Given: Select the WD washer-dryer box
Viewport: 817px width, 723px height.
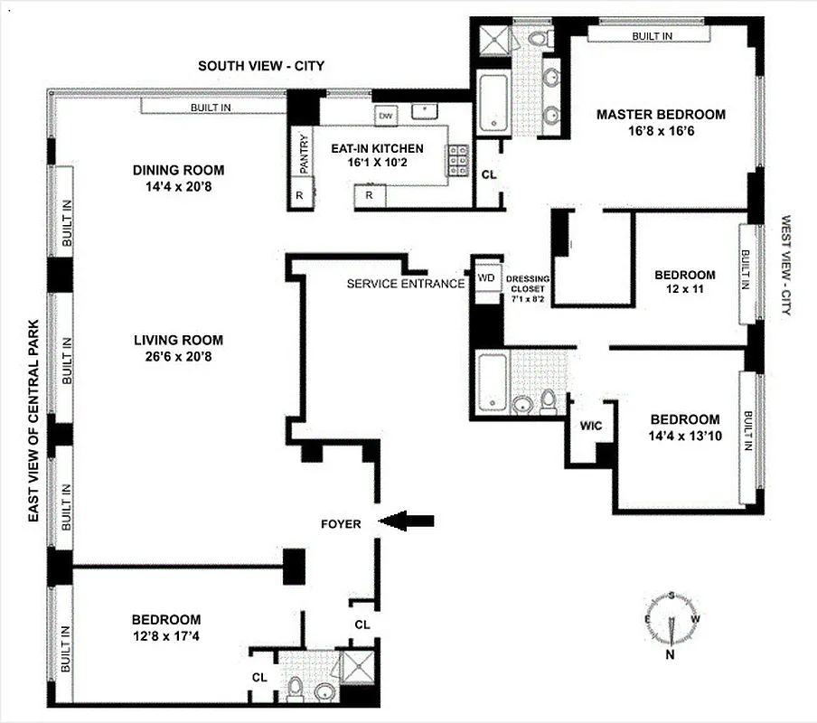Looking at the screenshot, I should pyautogui.click(x=486, y=277).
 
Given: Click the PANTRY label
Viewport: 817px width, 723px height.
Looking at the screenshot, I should pyautogui.click(x=304, y=154).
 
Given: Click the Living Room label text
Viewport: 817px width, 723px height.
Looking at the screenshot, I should pyautogui.click(x=178, y=340).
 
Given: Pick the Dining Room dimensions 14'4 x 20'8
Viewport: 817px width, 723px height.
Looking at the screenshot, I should pyautogui.click(x=178, y=187).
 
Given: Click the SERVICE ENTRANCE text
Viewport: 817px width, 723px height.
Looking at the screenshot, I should pyautogui.click(x=405, y=284).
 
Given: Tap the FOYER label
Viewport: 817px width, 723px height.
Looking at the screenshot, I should pyautogui.click(x=341, y=523).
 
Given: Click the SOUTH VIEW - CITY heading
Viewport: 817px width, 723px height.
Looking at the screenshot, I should pyautogui.click(x=261, y=66).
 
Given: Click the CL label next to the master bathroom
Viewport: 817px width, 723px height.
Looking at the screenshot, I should pyautogui.click(x=488, y=174).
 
